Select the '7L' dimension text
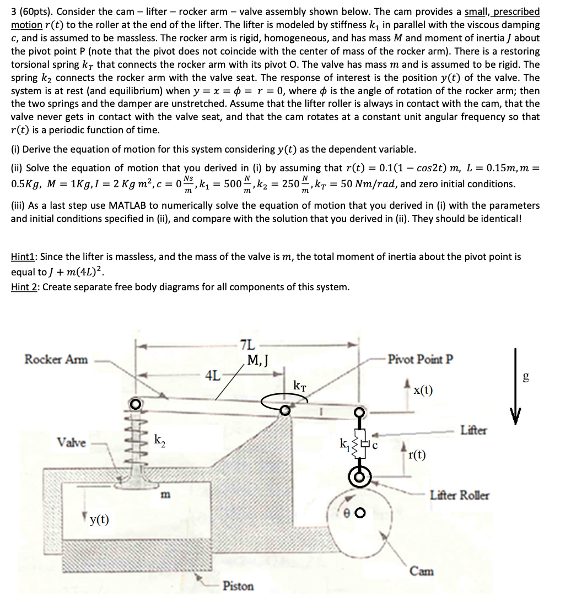tap(248, 345)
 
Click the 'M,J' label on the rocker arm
tap(258, 361)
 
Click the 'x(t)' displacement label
tap(423, 391)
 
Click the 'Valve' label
tap(72, 443)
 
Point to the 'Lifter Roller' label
tap(459, 495)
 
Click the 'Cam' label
tap(422, 571)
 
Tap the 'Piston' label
tap(238, 586)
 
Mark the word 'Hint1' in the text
tap(25, 256)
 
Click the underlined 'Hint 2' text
tap(25, 287)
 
